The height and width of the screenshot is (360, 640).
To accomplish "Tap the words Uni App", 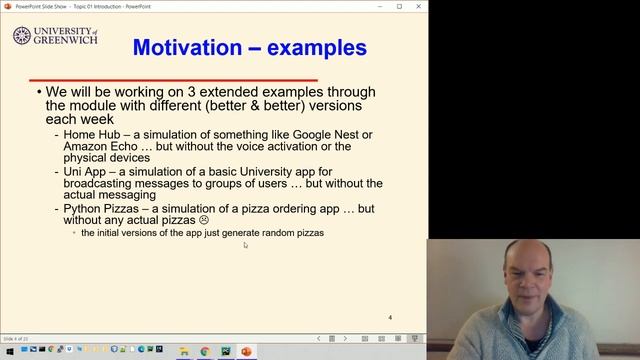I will point(85,171).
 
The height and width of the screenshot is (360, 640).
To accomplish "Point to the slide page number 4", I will point(390,317).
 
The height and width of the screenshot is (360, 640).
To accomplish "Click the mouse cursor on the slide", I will point(245,244).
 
